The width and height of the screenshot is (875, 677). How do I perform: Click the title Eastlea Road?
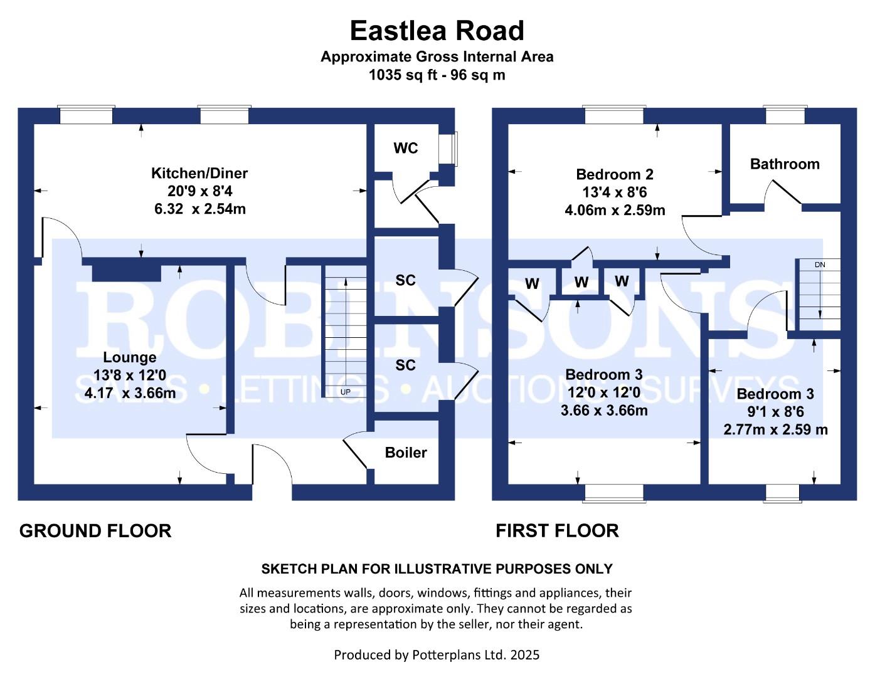pyautogui.click(x=437, y=31)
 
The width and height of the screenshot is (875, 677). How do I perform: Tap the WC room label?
pyautogui.click(x=405, y=149)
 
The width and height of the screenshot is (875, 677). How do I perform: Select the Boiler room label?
pyautogui.click(x=406, y=453)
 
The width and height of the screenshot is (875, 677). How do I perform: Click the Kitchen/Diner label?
pyautogui.click(x=199, y=173)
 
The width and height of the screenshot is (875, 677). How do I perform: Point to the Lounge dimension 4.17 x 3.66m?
pyautogui.click(x=130, y=394)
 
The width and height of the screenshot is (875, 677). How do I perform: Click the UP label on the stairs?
pyautogui.click(x=345, y=392)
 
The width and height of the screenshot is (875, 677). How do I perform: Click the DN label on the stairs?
pyautogui.click(x=820, y=265)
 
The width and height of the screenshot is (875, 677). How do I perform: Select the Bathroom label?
pyautogui.click(x=785, y=164)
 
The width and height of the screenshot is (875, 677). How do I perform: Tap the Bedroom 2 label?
pyautogui.click(x=615, y=174)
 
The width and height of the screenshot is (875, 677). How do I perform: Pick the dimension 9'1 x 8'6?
pyautogui.click(x=775, y=412)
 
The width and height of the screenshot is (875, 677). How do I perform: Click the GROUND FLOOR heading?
pyautogui.click(x=95, y=531)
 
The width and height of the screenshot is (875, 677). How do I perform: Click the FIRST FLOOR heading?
pyautogui.click(x=557, y=531)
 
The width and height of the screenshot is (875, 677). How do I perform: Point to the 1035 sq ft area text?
pyautogui.click(x=437, y=75)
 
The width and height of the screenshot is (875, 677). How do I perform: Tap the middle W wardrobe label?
pyautogui.click(x=581, y=283)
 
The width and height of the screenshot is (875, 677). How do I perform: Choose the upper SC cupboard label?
pyautogui.click(x=405, y=280)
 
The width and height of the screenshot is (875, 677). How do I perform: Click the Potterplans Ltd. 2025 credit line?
pyautogui.click(x=437, y=655)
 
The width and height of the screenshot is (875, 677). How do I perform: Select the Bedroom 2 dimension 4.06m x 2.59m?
pyautogui.click(x=615, y=211)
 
